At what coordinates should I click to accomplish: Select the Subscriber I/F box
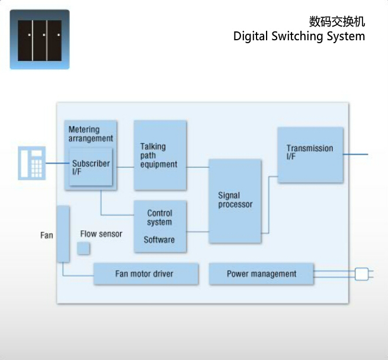[91, 168]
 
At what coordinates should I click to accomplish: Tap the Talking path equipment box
[160, 155]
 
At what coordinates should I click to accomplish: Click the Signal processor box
[235, 201]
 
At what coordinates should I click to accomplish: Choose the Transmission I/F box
[310, 155]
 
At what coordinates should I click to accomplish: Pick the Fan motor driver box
[145, 274]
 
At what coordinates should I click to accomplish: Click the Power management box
[261, 274]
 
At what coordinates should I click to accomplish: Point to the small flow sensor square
[84, 249]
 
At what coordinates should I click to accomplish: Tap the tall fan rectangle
[63, 234]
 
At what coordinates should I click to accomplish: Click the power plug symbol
[361, 274]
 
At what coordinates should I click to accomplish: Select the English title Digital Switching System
[299, 37]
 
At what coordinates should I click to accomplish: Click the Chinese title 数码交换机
[337, 22]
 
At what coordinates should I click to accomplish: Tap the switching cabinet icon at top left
[40, 40]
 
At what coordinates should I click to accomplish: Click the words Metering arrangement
[90, 134]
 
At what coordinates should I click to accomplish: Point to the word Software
[159, 240]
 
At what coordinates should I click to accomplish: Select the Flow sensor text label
[101, 234]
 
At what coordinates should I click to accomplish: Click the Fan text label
[47, 235]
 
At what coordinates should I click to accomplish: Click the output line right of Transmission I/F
[355, 155]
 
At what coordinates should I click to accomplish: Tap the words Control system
[159, 218]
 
